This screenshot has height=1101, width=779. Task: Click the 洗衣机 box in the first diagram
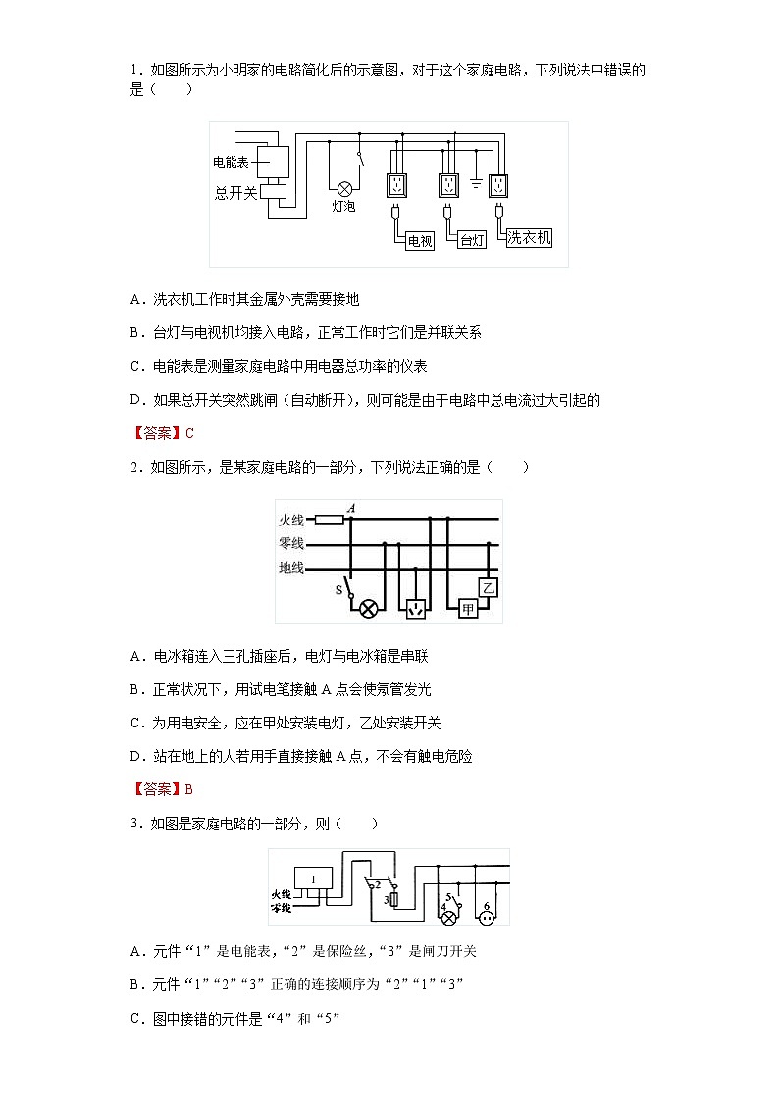pos(529,237)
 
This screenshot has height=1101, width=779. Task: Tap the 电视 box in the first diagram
pos(419,241)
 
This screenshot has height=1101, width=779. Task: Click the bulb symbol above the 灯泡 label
pos(344,188)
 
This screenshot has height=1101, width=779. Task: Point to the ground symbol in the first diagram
pos(475,183)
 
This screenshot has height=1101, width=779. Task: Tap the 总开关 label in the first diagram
pos(235,193)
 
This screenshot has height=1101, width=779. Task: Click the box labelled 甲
pos(468,609)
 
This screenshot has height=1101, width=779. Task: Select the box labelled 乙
pos(489,587)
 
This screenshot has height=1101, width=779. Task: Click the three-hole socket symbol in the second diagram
pos(418,609)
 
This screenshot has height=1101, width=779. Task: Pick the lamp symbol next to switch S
pos(369,609)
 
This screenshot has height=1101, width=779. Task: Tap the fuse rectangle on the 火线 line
pos(329,520)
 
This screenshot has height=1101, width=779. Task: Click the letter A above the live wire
pos(350,507)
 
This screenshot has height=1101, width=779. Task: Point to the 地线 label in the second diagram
pos(291,568)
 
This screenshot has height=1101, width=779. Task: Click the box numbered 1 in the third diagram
pos(313,879)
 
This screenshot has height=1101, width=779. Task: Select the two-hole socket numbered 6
pos(486,917)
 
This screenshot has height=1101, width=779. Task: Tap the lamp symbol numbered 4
pos(449,918)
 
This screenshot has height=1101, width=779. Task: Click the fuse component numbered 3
pos(392,898)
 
